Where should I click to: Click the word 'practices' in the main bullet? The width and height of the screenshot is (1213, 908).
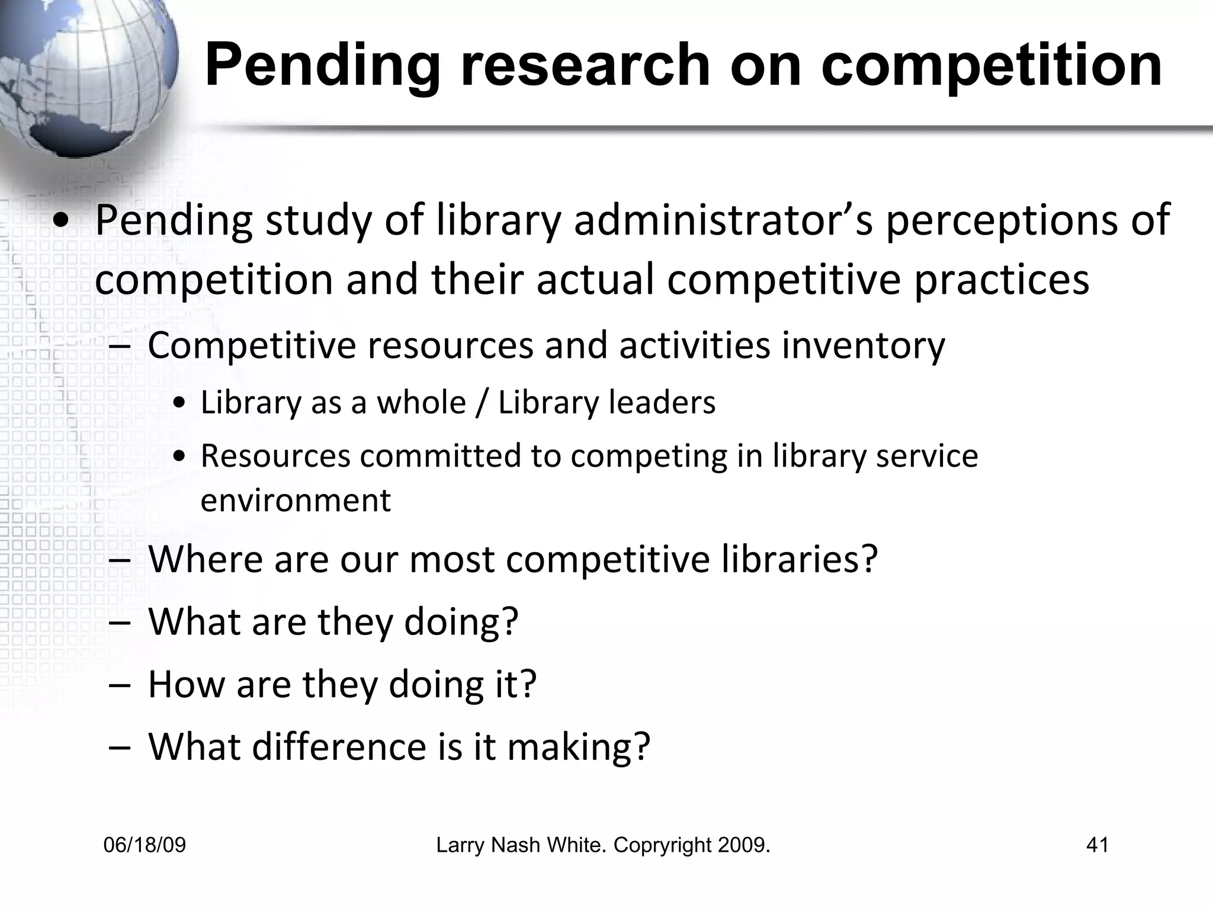pos(1001,281)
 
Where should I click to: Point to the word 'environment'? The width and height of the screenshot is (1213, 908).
pos(296,500)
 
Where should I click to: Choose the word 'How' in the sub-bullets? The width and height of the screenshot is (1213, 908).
pos(186,684)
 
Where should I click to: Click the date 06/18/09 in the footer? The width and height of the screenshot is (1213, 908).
pos(145,845)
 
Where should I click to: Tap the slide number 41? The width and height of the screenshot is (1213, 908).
pos(1097,845)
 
